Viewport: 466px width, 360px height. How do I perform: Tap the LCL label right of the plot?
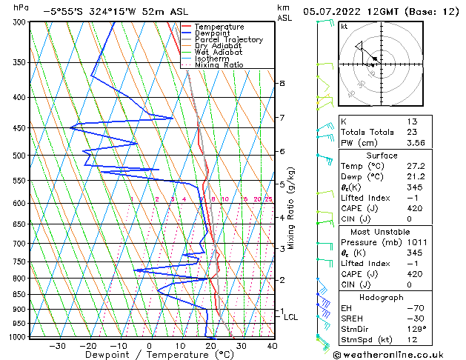click(x=291, y=317)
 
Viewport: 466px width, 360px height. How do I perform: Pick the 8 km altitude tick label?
click(x=282, y=84)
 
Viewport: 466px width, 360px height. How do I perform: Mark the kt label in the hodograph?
click(x=344, y=27)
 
